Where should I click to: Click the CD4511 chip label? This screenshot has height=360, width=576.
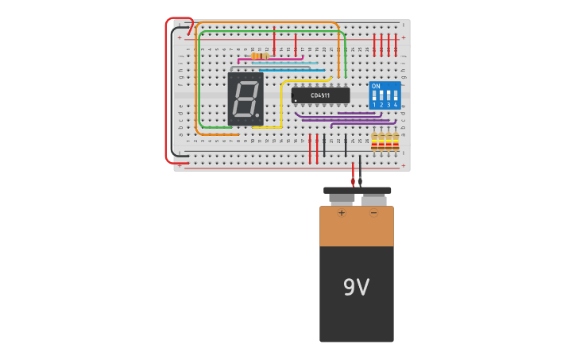[320, 95]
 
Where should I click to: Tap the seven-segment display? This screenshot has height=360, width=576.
[245, 99]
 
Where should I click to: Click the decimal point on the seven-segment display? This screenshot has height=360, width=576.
[257, 116]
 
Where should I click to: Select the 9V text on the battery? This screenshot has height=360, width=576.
[356, 288]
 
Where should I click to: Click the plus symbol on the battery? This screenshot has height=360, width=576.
[342, 213]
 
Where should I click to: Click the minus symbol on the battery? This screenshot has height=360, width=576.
[373, 213]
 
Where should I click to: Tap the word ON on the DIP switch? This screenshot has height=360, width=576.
[376, 86]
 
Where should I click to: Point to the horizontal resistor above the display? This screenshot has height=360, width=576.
[258, 56]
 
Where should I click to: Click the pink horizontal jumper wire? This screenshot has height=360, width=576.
[270, 59]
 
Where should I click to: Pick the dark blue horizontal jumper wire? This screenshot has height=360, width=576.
[294, 70]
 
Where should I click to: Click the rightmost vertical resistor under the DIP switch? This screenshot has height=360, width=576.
[395, 141]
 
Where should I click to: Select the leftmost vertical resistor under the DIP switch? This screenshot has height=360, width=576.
[375, 141]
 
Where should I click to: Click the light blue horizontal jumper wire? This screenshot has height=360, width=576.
[286, 64]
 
